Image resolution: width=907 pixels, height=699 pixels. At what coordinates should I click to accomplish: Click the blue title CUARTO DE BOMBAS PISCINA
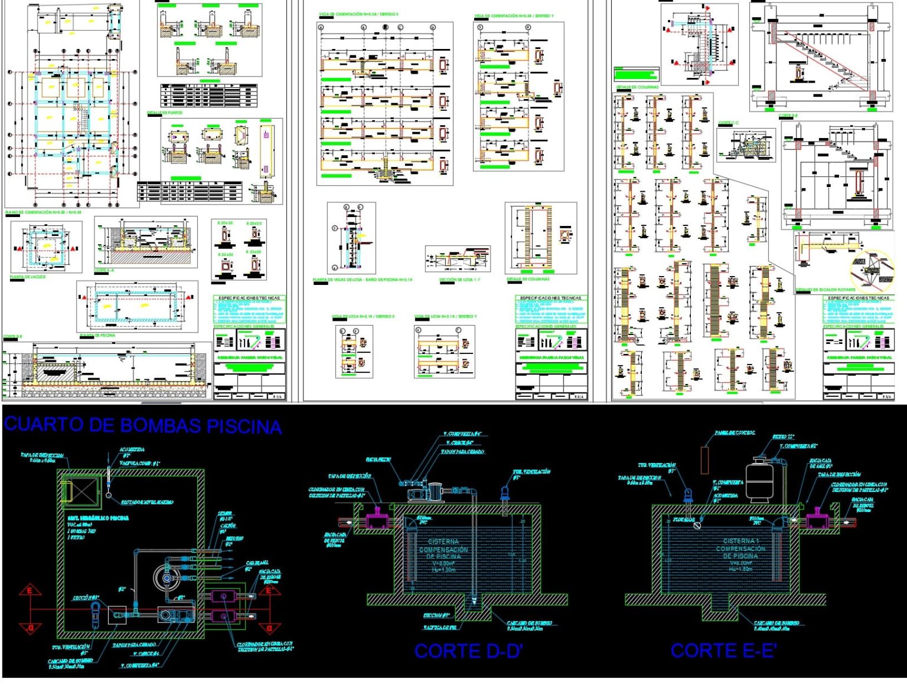pos(142,425)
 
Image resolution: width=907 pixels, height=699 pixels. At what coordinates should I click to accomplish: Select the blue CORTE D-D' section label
pos(468,651)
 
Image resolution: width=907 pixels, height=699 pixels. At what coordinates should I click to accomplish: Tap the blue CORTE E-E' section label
pos(723,651)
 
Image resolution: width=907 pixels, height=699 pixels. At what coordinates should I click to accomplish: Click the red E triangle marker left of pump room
pos(30,590)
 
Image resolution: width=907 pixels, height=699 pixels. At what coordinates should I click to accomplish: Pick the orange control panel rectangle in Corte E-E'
pos(704,460)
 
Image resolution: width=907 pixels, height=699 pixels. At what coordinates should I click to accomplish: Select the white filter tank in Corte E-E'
pos(763,481)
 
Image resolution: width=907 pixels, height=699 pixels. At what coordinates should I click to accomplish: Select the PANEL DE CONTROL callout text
pos(734,433)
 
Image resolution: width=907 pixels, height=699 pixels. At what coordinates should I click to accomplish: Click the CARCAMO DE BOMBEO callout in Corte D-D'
pos(529,625)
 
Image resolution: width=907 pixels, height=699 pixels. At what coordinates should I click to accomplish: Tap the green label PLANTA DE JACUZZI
pos(28,277)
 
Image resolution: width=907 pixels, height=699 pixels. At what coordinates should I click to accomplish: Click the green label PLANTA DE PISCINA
pos(97,335)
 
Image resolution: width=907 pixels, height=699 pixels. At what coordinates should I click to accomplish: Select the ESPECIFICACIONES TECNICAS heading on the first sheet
pos(249,298)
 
